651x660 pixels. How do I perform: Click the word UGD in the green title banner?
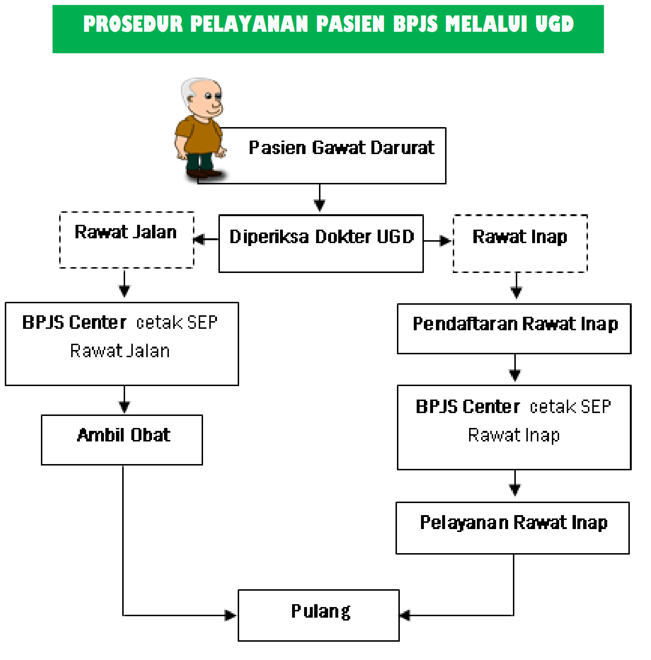(x=554, y=24)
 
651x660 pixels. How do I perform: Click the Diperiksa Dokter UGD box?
(x=321, y=244)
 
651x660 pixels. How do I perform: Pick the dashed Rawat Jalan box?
(x=127, y=240)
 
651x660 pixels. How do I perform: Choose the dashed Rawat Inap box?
(x=520, y=244)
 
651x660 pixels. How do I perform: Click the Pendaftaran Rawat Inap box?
(x=514, y=329)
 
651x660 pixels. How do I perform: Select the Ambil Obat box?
(x=122, y=440)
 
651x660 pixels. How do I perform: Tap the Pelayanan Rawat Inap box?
(x=512, y=528)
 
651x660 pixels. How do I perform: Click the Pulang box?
(x=319, y=615)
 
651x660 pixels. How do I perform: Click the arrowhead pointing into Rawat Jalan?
(x=199, y=239)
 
